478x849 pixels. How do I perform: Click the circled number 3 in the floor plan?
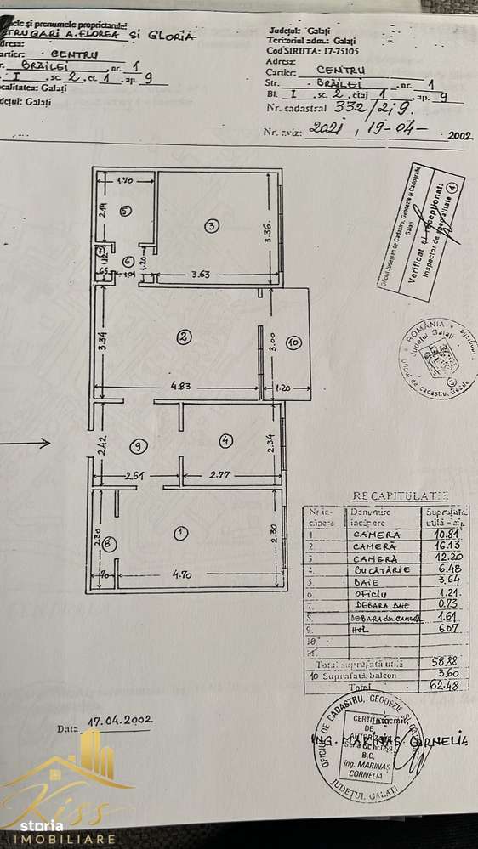pyautogui.click(x=212, y=225)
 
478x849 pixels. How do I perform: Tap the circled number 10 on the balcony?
pyautogui.click(x=293, y=343)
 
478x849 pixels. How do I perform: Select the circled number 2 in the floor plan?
pyautogui.click(x=183, y=337)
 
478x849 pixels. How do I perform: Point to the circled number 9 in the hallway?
pyautogui.click(x=139, y=444)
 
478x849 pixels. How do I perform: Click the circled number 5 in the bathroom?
pyautogui.click(x=124, y=210)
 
